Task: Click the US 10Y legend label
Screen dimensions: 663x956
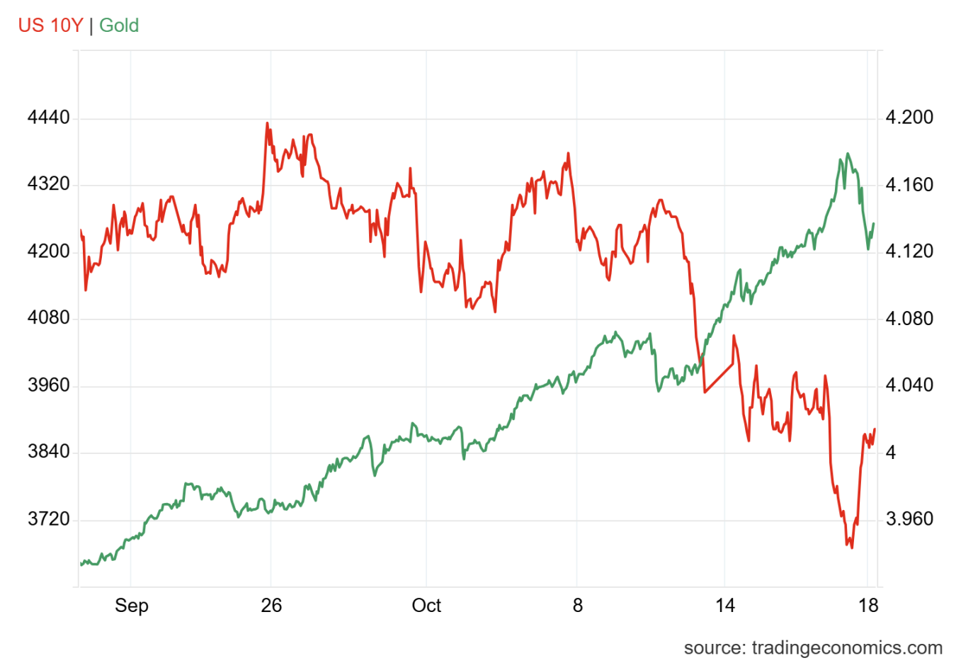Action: coord(50,25)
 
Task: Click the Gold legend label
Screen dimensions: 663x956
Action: coord(119,25)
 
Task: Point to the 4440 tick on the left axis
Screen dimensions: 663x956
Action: coord(49,118)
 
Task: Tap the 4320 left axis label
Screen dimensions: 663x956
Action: coord(49,184)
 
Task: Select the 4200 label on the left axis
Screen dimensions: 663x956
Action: coord(49,251)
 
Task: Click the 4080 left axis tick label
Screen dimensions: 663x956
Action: coord(49,318)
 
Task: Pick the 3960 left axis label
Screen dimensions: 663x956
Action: coord(49,385)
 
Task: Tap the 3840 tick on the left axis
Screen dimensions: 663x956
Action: coord(49,452)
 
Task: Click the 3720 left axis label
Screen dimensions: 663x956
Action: coord(49,519)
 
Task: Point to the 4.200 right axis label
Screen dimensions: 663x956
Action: coord(909,118)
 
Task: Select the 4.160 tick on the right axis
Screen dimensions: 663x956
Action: coord(909,184)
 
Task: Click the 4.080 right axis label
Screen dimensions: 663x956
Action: coord(909,318)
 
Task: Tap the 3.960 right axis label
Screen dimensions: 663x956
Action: coord(909,519)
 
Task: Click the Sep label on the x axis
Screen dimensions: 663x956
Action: coord(132,606)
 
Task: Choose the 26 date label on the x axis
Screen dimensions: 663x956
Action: coord(271,606)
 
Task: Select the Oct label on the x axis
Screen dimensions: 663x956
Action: coord(426,606)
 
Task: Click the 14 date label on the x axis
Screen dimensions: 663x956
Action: coord(725,606)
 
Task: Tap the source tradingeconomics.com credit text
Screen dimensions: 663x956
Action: coord(813,647)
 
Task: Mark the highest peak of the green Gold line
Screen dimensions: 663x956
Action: coord(848,154)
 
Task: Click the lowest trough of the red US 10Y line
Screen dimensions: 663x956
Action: coord(852,548)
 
